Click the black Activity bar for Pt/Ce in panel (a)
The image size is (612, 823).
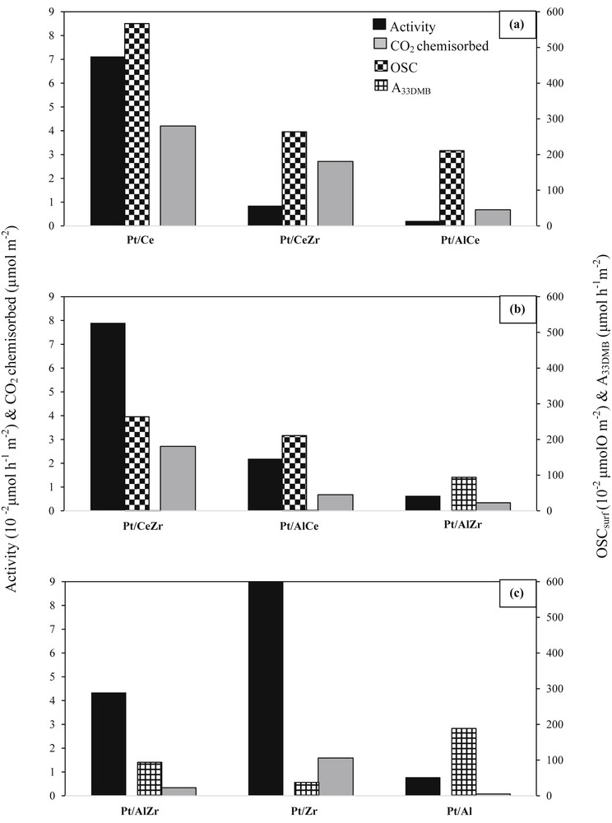coord(107,141)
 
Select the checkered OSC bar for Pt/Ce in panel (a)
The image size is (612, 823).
coord(137,124)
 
